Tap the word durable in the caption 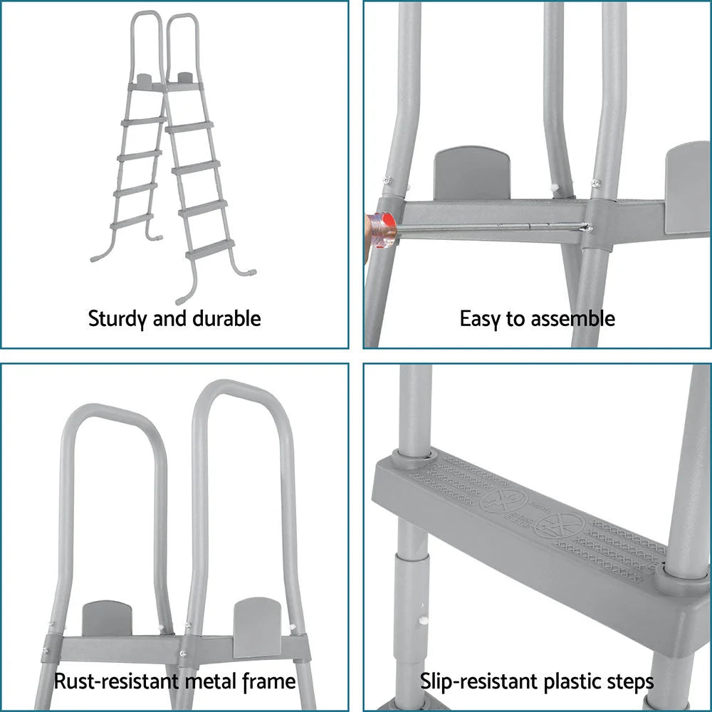click(x=226, y=318)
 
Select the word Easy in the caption click(x=480, y=318)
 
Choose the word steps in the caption click(x=627, y=681)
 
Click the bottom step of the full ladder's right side click(x=210, y=248)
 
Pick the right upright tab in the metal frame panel click(x=257, y=625)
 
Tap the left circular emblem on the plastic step click(x=503, y=499)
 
